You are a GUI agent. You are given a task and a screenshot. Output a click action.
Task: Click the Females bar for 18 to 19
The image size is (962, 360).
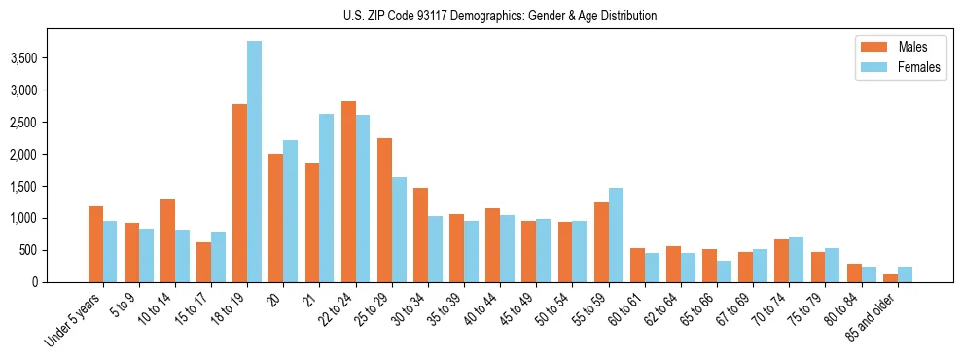coord(254,162)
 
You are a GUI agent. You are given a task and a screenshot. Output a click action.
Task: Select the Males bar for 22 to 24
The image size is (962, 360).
coord(347,192)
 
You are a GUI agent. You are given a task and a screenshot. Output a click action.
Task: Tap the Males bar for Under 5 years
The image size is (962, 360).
coord(95,244)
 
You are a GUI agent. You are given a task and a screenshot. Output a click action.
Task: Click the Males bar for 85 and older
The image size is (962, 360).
coord(889,278)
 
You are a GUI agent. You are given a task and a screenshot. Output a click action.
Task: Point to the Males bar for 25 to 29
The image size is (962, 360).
coord(383,210)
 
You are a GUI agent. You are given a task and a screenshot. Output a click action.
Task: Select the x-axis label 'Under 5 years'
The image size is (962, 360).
coord(75,320)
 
